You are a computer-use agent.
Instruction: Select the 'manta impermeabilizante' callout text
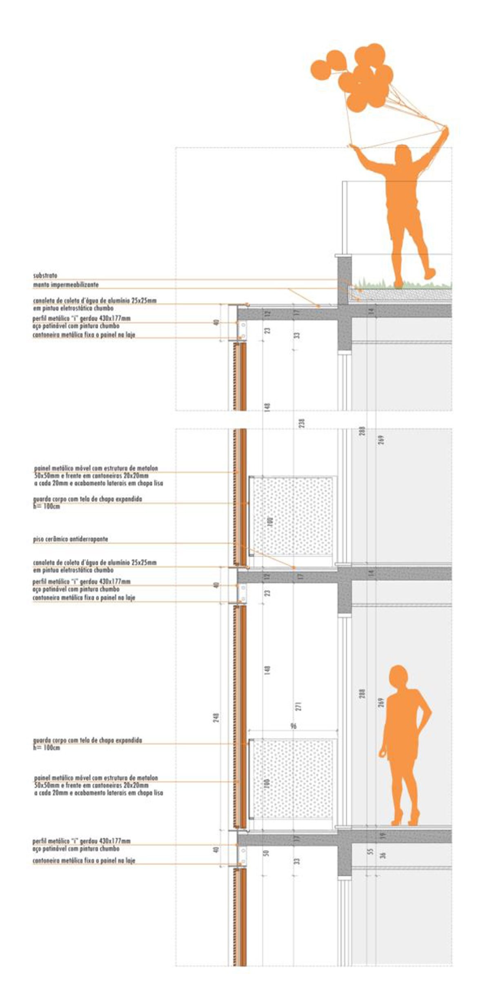(x=66, y=284)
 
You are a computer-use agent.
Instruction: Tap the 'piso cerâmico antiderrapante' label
(x=70, y=539)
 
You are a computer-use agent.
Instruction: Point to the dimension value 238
(x=302, y=422)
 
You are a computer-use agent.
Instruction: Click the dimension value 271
(x=298, y=706)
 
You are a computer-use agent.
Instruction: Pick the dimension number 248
(x=216, y=717)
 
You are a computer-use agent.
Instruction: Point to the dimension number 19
(x=382, y=835)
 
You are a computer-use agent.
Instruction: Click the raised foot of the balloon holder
(x=430, y=273)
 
